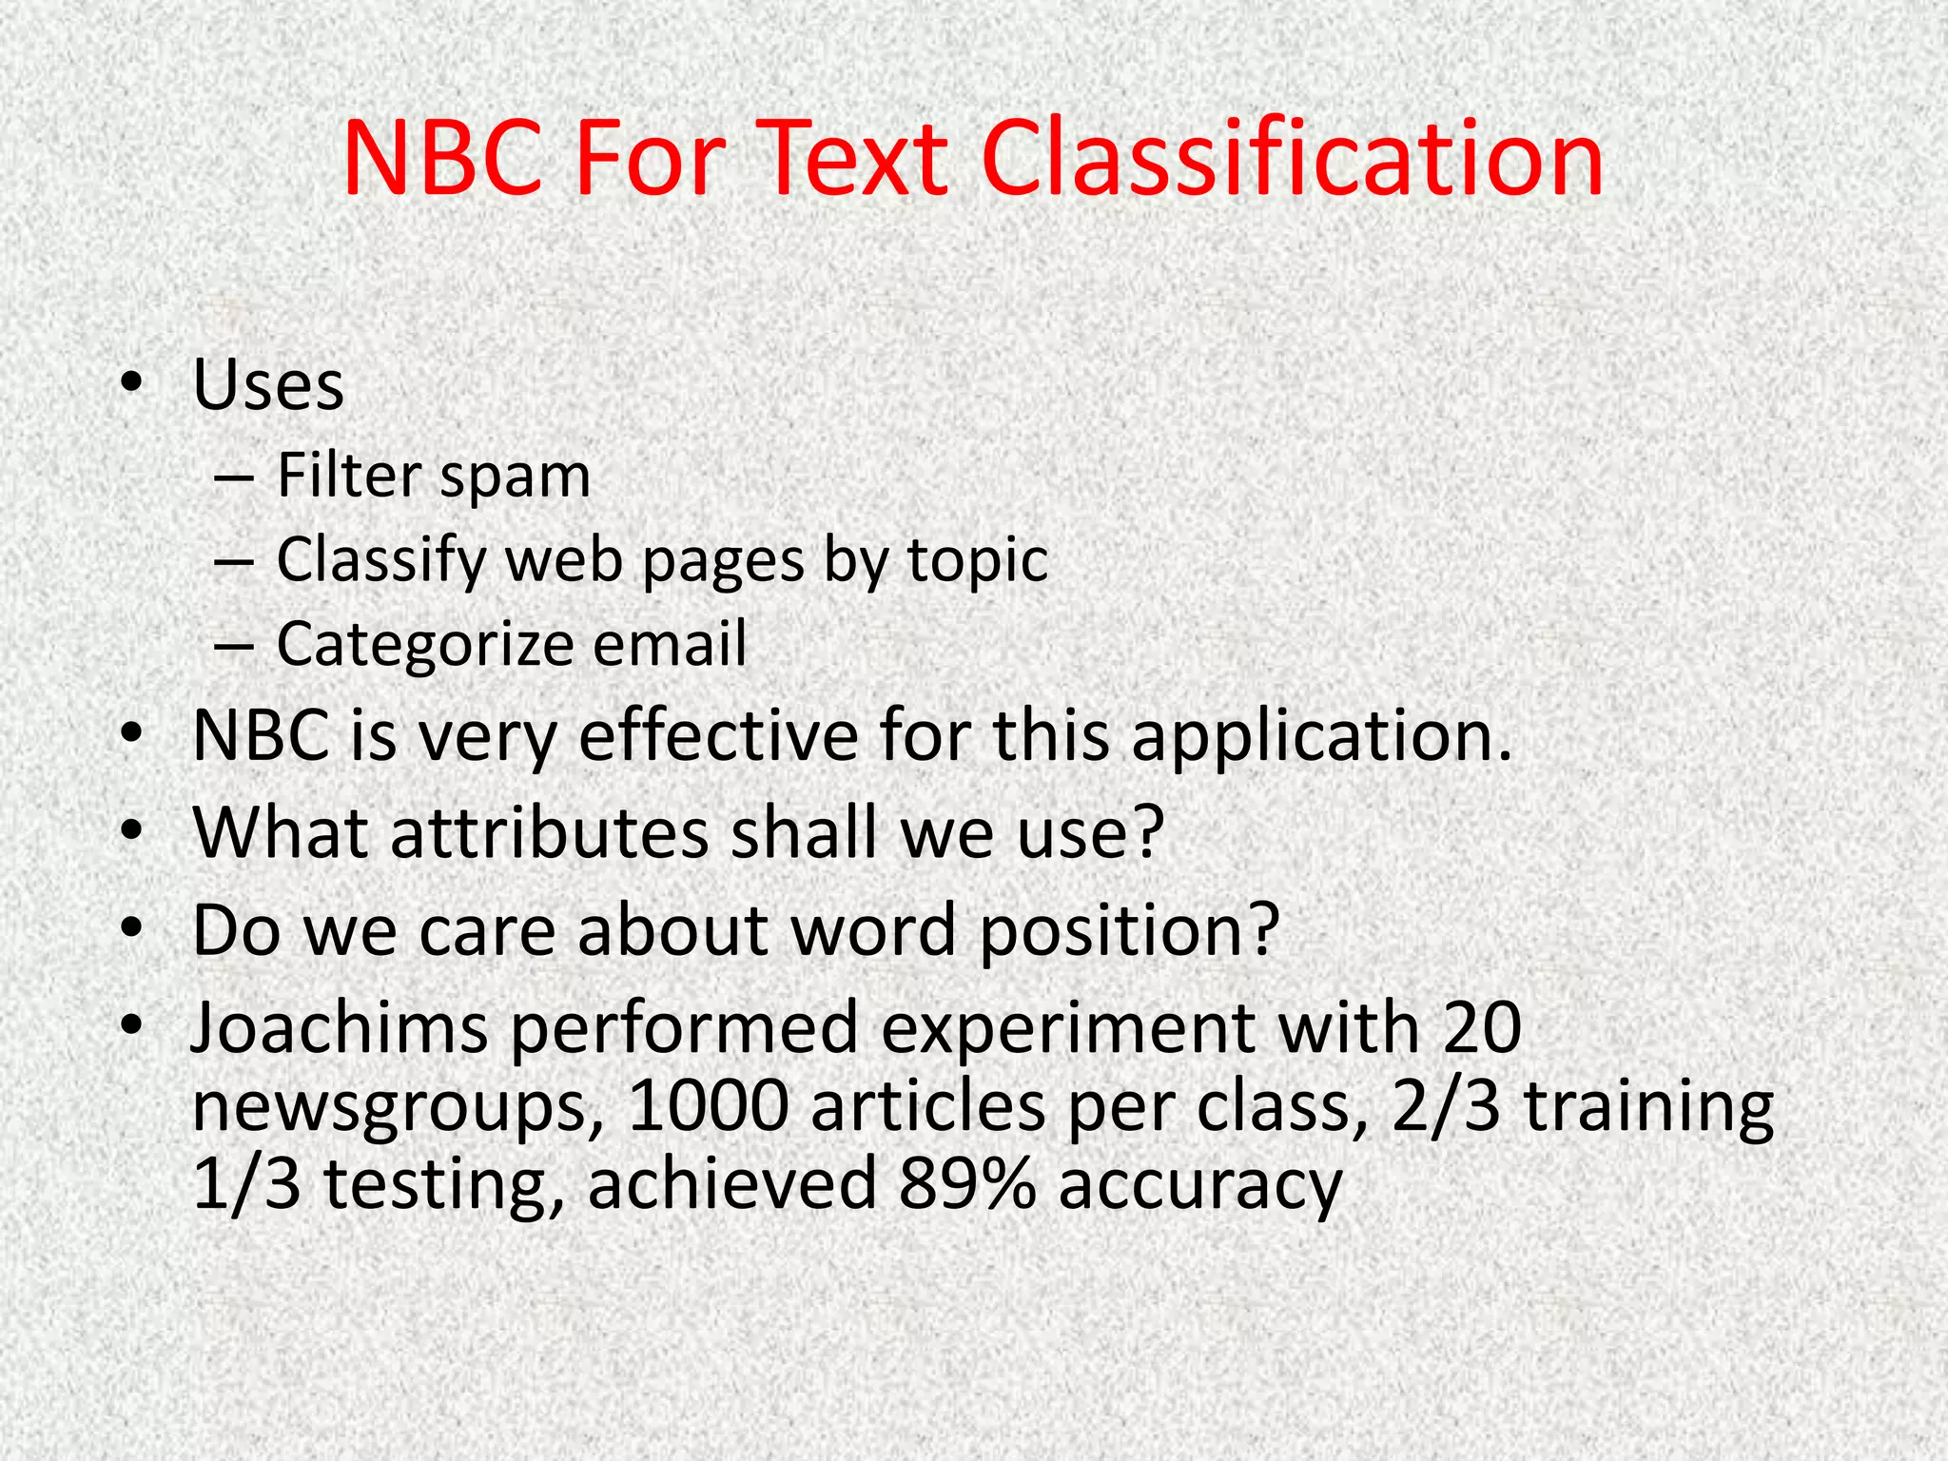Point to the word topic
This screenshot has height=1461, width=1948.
tap(978, 559)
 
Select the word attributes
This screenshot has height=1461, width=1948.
tap(549, 832)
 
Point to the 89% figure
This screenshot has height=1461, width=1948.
tap(966, 1184)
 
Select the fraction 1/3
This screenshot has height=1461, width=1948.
tap(246, 1184)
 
